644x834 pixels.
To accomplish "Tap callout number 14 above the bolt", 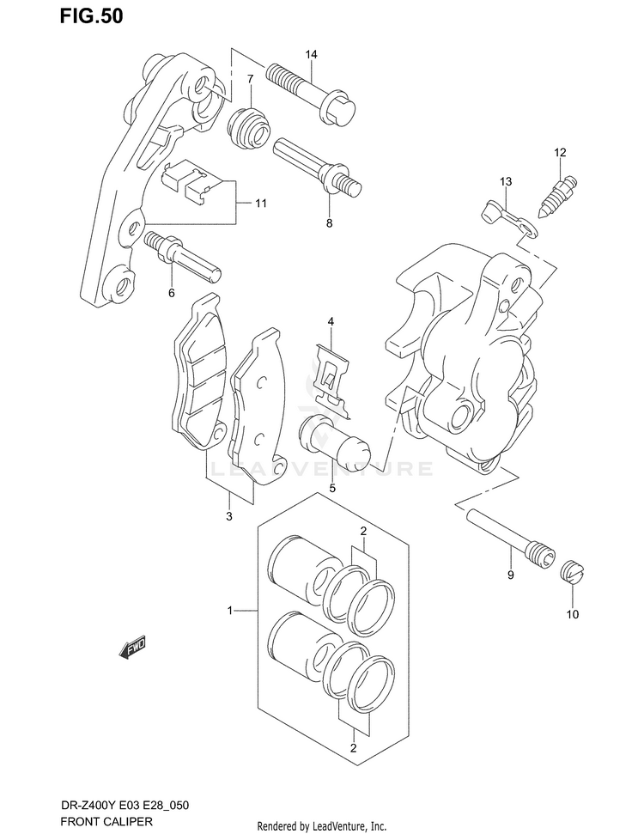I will [310, 55].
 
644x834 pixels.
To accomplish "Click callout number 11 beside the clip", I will [260, 204].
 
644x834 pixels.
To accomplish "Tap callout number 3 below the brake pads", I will [229, 516].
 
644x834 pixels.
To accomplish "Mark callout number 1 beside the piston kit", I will [231, 611].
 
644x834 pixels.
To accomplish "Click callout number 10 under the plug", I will [573, 614].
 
